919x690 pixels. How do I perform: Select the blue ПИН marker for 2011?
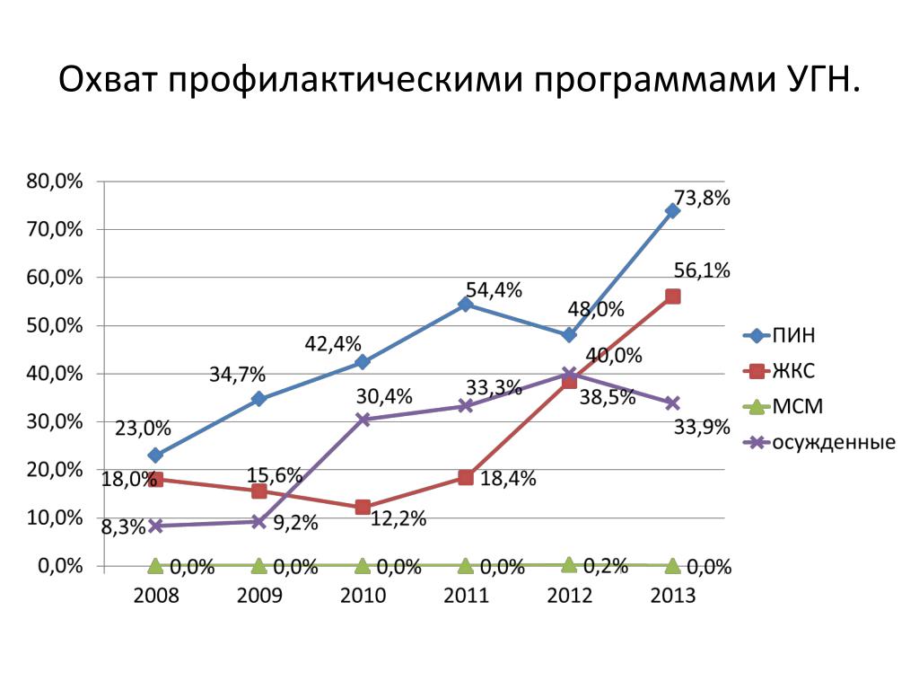[x=466, y=305]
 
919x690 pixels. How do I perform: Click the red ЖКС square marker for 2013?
[x=672, y=296]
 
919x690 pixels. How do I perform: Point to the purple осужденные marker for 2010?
[x=363, y=420]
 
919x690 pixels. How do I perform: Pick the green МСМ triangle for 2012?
[x=569, y=564]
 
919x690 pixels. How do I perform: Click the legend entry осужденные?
[x=833, y=443]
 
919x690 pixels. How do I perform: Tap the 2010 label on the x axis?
[x=363, y=597]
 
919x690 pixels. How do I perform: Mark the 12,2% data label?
[x=397, y=518]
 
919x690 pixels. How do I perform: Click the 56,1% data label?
[x=702, y=270]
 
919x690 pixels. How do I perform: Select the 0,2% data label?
[x=606, y=566]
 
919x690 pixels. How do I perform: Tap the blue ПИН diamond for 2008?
[x=155, y=456]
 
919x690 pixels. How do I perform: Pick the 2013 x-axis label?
[x=672, y=597]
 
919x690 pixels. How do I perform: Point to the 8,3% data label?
[x=123, y=528]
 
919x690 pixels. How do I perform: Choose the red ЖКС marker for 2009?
[x=259, y=491]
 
